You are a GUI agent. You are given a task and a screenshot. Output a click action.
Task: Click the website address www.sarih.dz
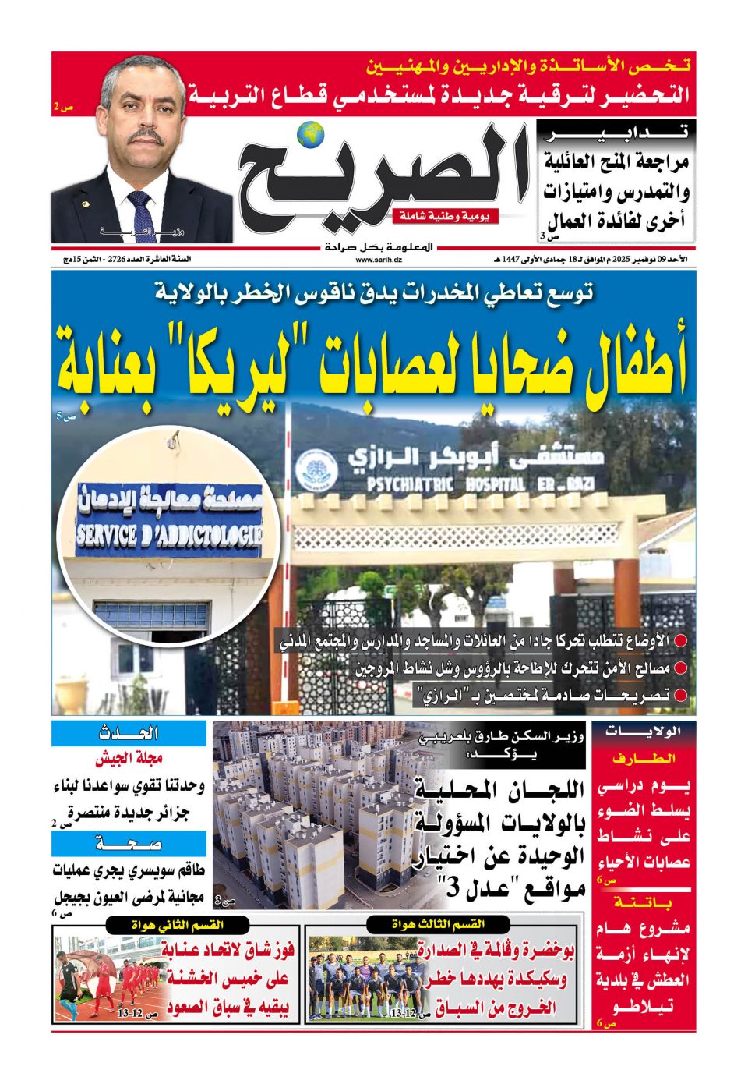coord(379,260)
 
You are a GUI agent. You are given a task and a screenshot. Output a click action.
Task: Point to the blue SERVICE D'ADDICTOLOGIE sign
coord(169,536)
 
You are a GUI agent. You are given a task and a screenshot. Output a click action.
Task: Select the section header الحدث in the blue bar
coord(129,733)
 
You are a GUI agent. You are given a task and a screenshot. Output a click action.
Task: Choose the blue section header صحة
coord(129,844)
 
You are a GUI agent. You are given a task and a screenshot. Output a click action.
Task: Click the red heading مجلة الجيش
coord(129,758)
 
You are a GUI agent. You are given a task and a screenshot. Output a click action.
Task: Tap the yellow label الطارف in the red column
coord(644,758)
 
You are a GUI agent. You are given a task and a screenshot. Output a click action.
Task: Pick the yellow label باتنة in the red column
coord(644,902)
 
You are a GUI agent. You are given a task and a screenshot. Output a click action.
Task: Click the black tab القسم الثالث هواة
coord(439,925)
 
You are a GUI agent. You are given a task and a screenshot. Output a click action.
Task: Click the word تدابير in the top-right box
coord(616,133)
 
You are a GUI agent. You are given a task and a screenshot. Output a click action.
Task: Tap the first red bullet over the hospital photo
coord(680,642)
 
